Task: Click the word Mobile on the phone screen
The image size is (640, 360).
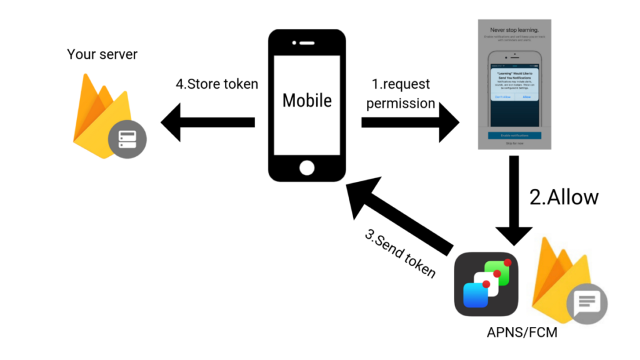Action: point(307,100)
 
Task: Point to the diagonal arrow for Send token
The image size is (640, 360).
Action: point(400,212)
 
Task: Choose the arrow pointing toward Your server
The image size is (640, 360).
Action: point(206,122)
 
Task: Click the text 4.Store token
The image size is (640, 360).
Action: point(217,84)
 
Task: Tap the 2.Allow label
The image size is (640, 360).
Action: point(564,197)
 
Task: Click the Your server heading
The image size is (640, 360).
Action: point(102,54)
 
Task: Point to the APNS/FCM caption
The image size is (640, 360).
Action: point(522,332)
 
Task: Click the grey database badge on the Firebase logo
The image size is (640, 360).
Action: point(127,138)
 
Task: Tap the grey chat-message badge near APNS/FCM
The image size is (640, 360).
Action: point(587,304)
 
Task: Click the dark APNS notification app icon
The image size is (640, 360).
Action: point(487,284)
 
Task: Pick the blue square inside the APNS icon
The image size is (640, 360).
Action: point(476,295)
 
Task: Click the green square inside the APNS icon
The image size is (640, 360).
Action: point(498,272)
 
